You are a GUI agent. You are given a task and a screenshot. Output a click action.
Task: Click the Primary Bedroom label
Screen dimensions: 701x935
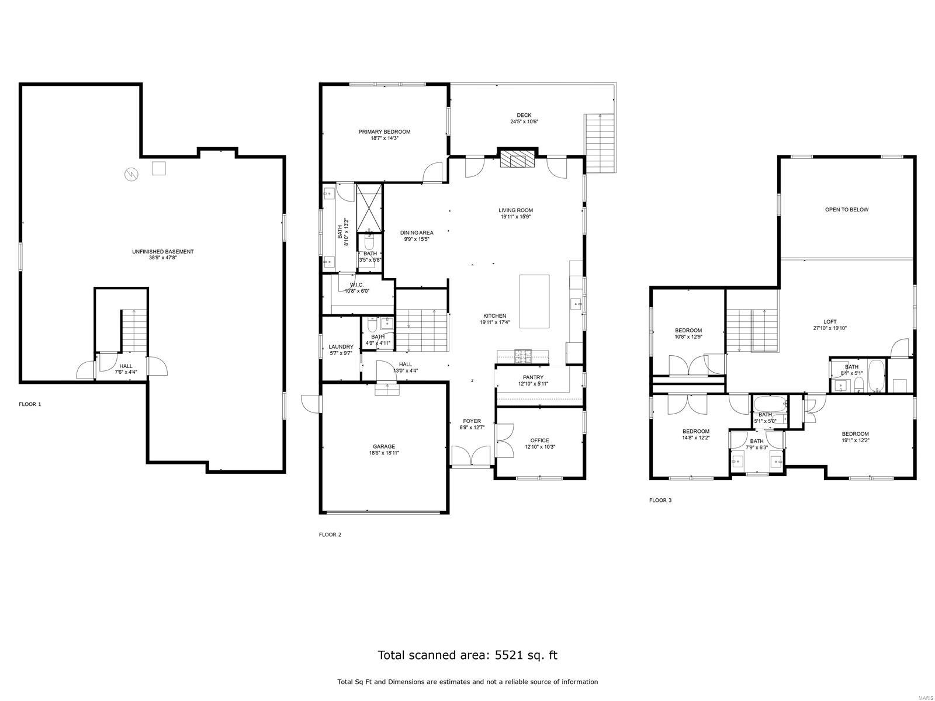tap(384, 132)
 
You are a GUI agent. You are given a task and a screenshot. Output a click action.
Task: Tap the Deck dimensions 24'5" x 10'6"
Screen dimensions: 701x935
tap(524, 122)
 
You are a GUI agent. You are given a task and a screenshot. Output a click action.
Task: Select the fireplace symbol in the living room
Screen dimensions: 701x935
tap(517, 159)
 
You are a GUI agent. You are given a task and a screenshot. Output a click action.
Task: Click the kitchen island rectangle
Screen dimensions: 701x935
tap(535, 301)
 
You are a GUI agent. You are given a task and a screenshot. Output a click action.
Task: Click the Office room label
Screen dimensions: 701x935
tap(539, 440)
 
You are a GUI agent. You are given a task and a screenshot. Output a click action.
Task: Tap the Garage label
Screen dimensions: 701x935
tap(384, 446)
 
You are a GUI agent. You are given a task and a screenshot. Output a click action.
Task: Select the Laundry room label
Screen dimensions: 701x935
tap(341, 347)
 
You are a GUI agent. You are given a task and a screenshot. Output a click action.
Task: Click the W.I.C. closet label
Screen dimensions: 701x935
tap(356, 285)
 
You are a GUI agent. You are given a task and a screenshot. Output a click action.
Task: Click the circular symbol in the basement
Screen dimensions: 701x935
tap(130, 174)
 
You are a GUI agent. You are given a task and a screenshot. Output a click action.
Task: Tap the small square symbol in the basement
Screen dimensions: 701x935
tap(158, 168)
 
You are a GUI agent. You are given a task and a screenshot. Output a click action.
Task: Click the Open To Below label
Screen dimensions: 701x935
tap(846, 210)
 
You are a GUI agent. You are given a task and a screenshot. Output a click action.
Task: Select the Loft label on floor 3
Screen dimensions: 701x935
tap(830, 322)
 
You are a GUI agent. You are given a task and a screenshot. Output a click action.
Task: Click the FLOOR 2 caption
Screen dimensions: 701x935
tap(330, 535)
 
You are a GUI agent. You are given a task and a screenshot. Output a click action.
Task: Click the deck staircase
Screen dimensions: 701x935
tap(600, 143)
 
